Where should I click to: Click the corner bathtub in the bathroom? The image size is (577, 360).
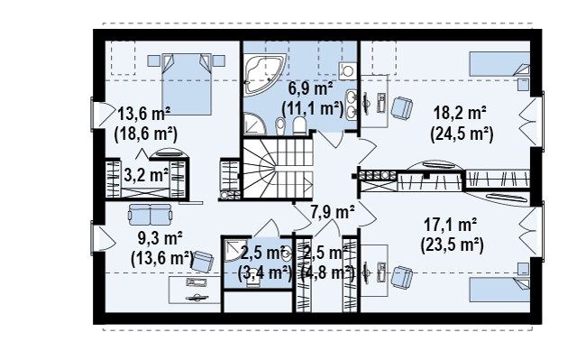point(264,73)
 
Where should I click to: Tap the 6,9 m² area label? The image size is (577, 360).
point(310,88)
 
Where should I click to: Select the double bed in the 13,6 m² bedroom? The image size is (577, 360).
point(187,84)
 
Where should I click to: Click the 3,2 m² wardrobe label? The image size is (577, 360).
point(146,175)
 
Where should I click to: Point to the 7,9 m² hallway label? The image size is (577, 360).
point(333,213)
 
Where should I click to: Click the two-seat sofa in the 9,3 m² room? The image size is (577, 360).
point(151,214)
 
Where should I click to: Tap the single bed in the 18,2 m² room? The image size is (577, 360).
point(499,64)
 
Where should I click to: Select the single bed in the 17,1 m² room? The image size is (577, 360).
point(499,290)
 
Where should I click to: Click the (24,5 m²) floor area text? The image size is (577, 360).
point(462,134)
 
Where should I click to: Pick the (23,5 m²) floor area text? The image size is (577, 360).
point(452,245)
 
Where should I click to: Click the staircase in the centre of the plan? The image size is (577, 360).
point(278,168)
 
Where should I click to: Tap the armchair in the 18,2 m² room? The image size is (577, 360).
point(401,107)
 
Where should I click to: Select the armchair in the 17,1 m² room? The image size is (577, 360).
point(401,278)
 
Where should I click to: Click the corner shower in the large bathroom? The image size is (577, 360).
point(254,124)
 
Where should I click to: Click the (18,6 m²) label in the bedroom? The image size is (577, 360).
point(146,134)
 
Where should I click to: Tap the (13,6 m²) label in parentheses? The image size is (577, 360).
point(162,258)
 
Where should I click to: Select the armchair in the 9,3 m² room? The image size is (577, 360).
point(203,261)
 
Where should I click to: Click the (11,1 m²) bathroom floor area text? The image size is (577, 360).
point(313,108)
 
